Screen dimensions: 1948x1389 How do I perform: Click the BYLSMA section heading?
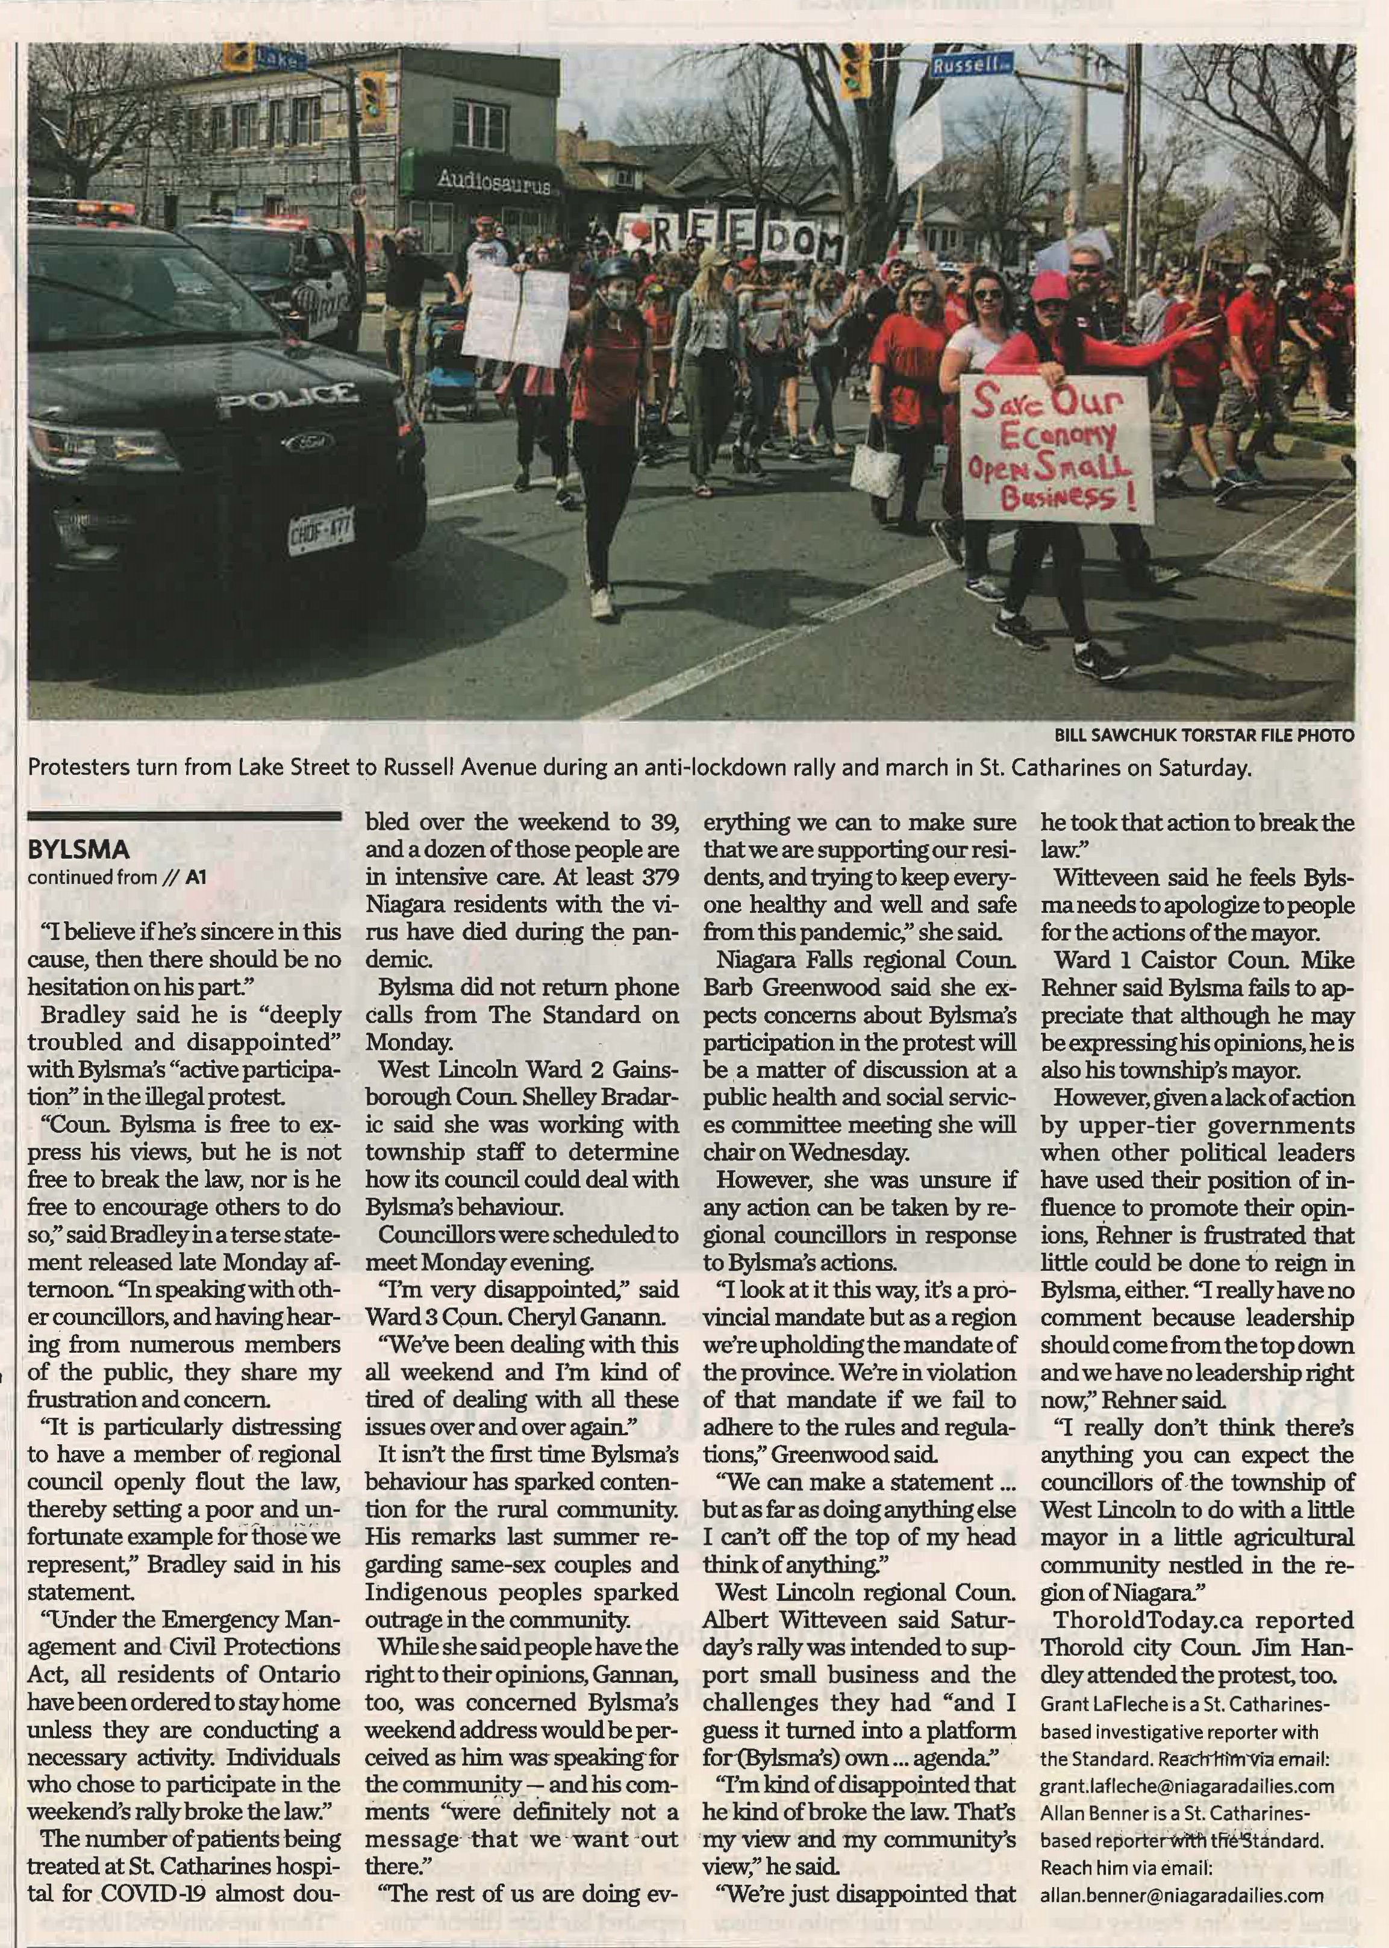(x=79, y=850)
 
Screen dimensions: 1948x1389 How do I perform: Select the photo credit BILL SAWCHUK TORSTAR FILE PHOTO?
(x=1203, y=735)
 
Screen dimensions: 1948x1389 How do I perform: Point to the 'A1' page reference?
(x=197, y=877)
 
